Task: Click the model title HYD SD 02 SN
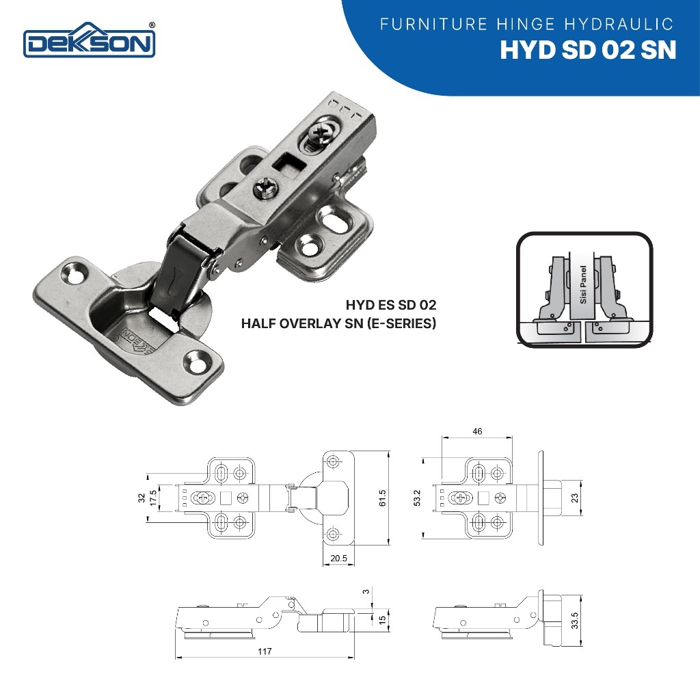pos(588,50)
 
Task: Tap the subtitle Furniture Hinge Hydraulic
pos(526,24)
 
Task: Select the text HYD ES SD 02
pos(390,305)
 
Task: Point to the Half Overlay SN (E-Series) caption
pos(338,323)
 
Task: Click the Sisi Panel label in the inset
pos(582,285)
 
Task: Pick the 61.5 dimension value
pos(382,498)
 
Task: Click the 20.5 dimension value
pos(339,558)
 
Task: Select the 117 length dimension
pos(265,651)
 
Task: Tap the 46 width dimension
pos(477,431)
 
